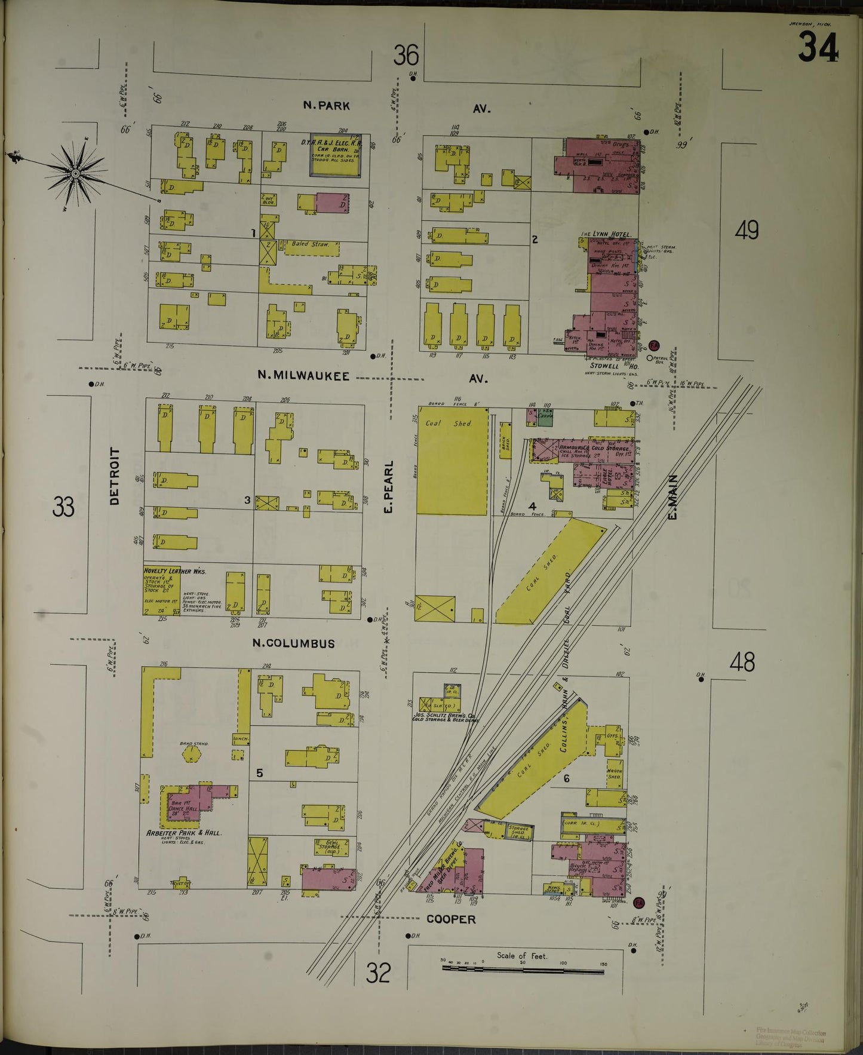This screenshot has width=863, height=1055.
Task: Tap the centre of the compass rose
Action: [75, 173]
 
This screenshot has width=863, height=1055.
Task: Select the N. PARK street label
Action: [326, 106]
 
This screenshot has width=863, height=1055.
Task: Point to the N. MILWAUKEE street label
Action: [303, 375]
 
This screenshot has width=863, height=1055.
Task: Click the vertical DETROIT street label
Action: [115, 476]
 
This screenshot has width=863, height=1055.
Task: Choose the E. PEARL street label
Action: [388, 487]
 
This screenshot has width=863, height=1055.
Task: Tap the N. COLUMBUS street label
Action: [293, 643]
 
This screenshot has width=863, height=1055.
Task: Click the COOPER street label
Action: [451, 919]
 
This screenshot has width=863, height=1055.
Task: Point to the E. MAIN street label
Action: [673, 496]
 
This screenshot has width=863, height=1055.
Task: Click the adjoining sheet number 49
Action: [747, 230]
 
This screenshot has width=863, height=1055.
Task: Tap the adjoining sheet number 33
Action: [63, 507]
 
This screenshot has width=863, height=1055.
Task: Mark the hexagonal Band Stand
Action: [192, 753]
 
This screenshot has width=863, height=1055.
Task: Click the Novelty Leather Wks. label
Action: [174, 571]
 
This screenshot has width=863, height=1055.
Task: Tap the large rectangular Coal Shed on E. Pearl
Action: [452, 460]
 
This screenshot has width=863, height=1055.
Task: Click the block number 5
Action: [259, 773]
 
